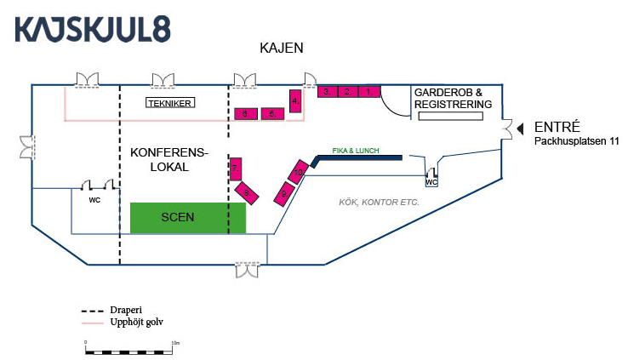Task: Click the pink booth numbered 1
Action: [368, 91]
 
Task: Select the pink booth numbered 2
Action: [347, 91]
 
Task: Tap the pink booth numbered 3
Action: [328, 91]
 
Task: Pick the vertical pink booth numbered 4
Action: [295, 101]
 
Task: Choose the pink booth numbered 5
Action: [272, 113]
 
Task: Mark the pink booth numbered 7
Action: [236, 169]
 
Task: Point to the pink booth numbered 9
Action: [284, 193]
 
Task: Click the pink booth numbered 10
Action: [299, 171]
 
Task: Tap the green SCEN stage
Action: [188, 218]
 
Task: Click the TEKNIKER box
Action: [171, 104]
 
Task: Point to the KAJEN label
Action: [281, 49]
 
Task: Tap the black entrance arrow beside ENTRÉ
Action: [521, 127]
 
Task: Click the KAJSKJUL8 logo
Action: [93, 29]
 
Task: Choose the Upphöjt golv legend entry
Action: [128, 323]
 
